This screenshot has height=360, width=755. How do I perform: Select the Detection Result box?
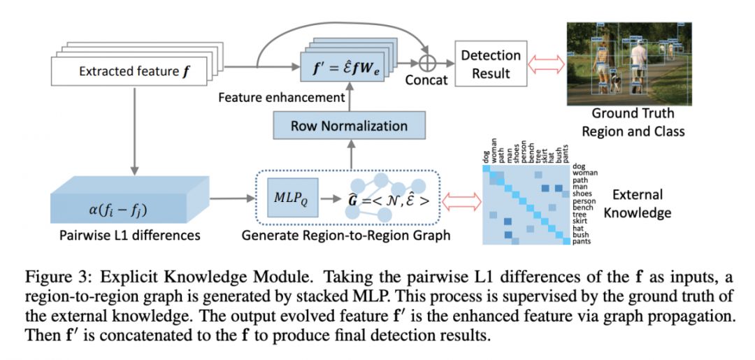point(491,64)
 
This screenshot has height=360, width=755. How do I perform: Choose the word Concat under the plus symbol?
point(426,80)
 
